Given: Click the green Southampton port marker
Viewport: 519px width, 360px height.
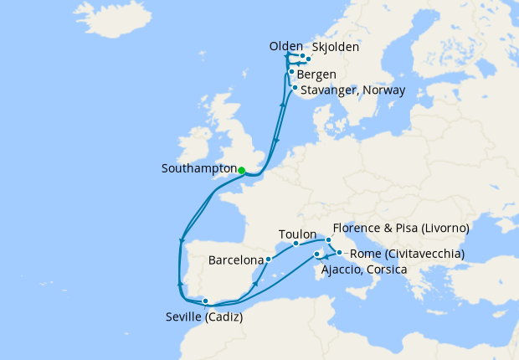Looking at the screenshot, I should click(241, 170).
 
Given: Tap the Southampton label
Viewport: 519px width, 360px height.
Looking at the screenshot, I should click(198, 168).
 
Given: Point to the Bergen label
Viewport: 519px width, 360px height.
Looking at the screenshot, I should click(316, 74).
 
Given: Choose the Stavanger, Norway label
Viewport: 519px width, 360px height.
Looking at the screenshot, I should click(354, 90).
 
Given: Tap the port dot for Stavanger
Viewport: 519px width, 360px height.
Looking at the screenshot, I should click(295, 87).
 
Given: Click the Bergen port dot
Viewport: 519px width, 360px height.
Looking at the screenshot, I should click(291, 72).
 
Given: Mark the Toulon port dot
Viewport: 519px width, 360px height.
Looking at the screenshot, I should click(296, 244).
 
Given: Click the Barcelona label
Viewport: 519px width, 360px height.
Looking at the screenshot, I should click(234, 260).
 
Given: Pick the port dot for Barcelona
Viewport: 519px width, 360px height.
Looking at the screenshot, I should click(268, 260).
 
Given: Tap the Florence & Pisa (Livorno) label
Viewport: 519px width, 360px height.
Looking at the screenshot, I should click(400, 228).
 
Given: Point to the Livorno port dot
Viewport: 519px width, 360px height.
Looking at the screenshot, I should click(329, 240).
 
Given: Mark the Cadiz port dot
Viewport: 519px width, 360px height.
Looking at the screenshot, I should click(205, 301).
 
